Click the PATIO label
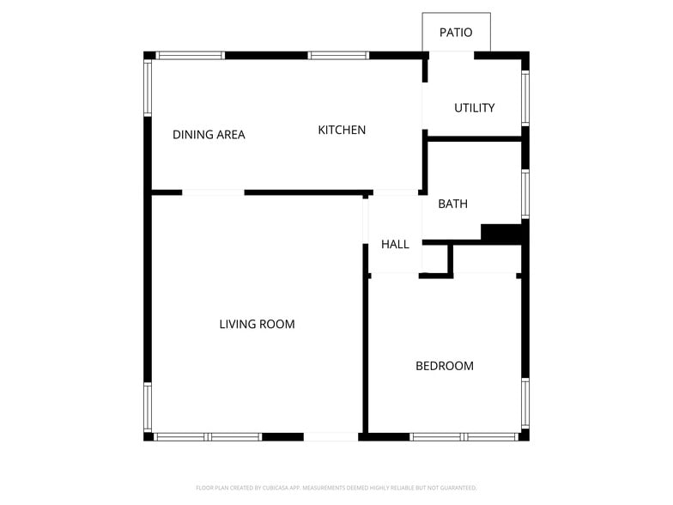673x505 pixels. pos(456,33)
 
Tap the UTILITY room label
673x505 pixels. pos(475,108)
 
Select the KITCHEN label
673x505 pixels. pos(342,131)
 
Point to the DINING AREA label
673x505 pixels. pos(209,135)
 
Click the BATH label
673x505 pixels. pos(452,204)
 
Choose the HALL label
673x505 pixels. pos(395,245)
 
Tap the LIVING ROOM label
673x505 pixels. pos(257,325)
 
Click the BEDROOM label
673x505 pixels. pos(444,366)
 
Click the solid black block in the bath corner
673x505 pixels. pos(502,233)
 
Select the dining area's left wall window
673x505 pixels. pos(148,88)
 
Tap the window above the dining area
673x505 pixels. pos(190,56)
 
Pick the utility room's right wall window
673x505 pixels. pos(525,98)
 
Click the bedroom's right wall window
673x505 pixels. pos(525,404)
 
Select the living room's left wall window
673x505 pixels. pos(148,407)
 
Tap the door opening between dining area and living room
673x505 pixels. pos(213,192)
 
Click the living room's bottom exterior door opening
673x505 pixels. pos(330,437)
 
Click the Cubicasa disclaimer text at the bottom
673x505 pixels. pos(336,487)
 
